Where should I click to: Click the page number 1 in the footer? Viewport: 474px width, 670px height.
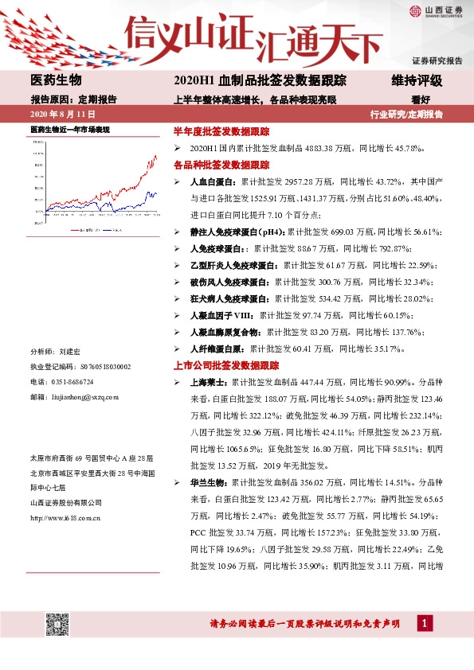click(x=428, y=622)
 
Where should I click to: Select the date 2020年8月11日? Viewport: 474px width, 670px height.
click(x=56, y=114)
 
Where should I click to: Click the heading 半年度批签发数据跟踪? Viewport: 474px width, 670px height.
click(x=221, y=131)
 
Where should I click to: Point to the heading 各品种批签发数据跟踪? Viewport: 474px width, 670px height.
click(x=221, y=165)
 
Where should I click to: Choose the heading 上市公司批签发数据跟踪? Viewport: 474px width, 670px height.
click(x=226, y=365)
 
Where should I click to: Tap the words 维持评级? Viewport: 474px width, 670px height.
click(x=416, y=81)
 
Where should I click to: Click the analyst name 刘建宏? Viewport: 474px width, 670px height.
click(x=70, y=351)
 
